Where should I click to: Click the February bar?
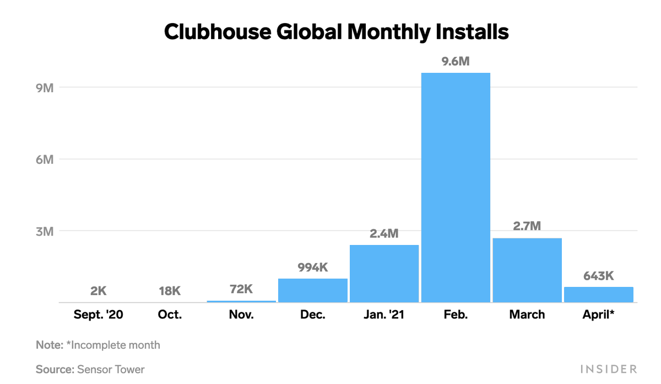pyautogui.click(x=456, y=188)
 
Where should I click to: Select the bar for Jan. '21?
pyautogui.click(x=384, y=274)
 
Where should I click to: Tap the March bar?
pyautogui.click(x=527, y=270)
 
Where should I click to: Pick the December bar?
pyautogui.click(x=313, y=290)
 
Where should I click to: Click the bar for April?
pyautogui.click(x=598, y=295)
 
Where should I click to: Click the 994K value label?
pyautogui.click(x=312, y=268)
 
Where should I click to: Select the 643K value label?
pyautogui.click(x=598, y=276)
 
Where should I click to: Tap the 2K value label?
pyautogui.click(x=98, y=291)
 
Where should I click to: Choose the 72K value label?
pyautogui.click(x=241, y=289)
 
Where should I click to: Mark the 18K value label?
pyautogui.click(x=170, y=291)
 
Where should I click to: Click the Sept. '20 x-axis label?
pyautogui.click(x=98, y=315)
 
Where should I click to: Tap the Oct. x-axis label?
pyautogui.click(x=170, y=315)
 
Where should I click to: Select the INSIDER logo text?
pyautogui.click(x=609, y=369)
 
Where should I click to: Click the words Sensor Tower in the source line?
pyautogui.click(x=110, y=369)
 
